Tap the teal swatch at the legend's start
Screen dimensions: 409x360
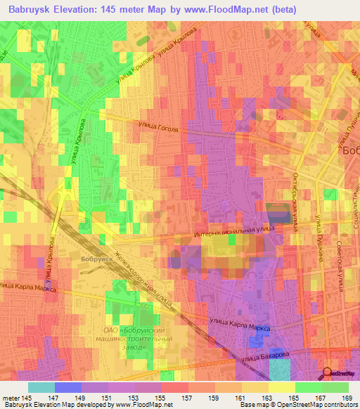coord(41,387)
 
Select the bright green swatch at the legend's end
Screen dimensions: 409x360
coord(335,387)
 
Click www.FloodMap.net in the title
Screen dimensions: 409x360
coord(231,9)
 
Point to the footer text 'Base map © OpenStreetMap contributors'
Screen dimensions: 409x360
coord(298,405)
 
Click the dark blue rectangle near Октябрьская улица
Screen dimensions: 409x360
coord(279,214)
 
